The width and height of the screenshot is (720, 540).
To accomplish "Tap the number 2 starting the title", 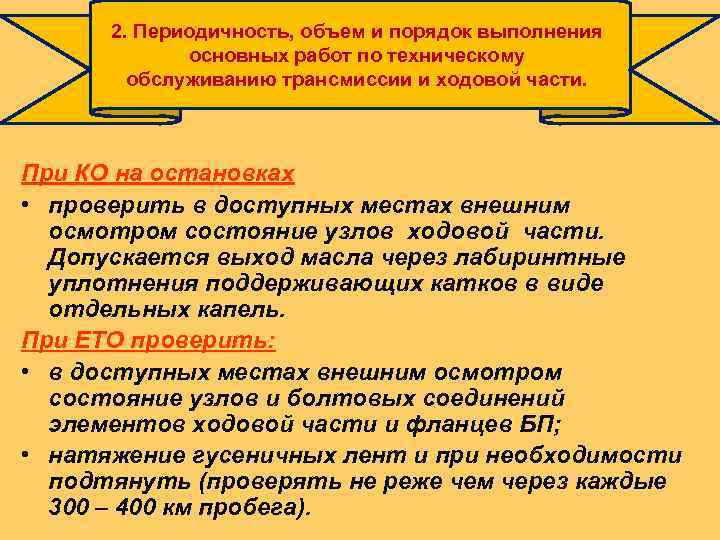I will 118,31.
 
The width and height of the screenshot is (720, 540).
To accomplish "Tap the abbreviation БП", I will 540,424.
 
